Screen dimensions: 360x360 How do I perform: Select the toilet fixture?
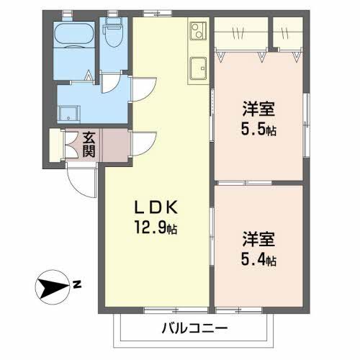(x=112, y=32)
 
